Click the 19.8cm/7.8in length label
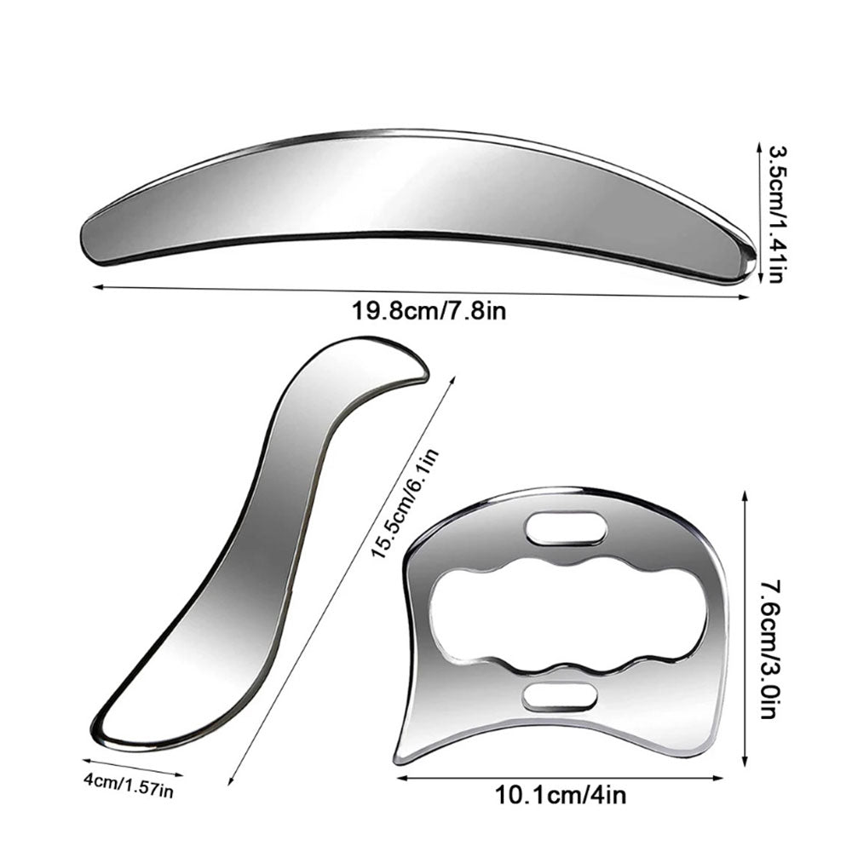click(x=429, y=311)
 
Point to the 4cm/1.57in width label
click(x=129, y=786)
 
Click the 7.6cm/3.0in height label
click(x=773, y=649)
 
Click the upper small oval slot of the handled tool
click(x=566, y=527)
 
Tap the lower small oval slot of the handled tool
click(x=560, y=697)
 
